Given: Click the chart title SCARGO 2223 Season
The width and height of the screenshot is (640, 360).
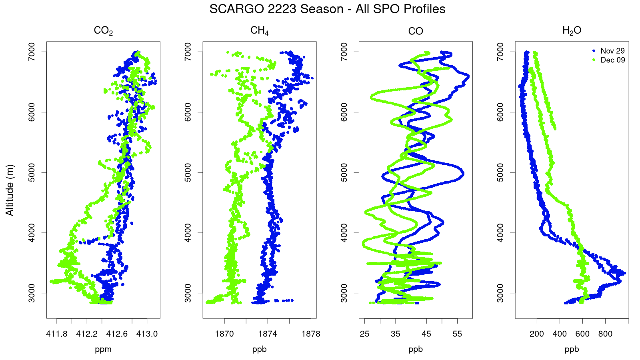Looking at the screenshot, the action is [276, 9].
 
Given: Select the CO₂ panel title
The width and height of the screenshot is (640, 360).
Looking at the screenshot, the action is [103, 31].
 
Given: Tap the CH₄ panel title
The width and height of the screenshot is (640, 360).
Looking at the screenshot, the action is [260, 30].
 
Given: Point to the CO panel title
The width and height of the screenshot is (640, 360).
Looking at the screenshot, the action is [416, 31].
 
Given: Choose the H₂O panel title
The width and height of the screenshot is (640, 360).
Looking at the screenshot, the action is [572, 30].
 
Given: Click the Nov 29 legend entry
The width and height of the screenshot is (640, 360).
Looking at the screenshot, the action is [610, 51].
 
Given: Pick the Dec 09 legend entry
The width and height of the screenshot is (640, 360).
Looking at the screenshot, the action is [610, 60].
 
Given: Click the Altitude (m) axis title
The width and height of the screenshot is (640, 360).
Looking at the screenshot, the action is [10, 190].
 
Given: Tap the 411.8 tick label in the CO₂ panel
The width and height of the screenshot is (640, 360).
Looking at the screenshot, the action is [56, 334].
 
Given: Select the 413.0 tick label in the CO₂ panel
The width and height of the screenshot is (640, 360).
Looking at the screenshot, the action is [147, 334].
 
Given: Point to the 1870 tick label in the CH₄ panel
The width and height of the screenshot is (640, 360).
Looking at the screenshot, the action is [224, 334].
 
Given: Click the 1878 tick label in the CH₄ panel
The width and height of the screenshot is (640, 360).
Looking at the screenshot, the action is [311, 334].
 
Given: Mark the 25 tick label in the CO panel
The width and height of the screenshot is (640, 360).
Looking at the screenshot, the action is [364, 334].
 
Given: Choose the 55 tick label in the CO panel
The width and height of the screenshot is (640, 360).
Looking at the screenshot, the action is [458, 334].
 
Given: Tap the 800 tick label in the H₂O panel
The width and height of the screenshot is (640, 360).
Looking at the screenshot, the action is [605, 334].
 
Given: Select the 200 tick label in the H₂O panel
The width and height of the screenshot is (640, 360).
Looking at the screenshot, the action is [537, 334].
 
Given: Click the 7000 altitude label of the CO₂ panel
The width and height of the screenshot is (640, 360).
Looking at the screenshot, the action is [31, 52].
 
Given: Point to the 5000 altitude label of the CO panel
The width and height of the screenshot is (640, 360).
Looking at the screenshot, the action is [344, 172].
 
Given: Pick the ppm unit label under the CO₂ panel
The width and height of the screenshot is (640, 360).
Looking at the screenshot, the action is [103, 350].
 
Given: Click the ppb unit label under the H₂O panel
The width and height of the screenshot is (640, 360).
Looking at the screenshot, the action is [572, 350].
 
